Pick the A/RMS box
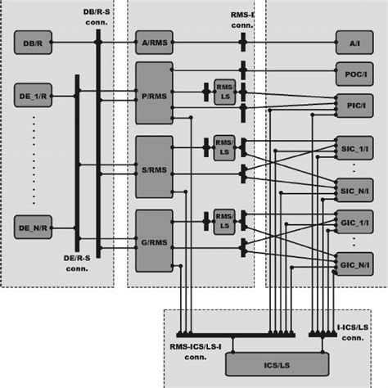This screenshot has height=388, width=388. [155, 41]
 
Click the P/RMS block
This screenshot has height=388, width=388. [155, 95]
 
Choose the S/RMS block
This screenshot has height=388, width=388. [155, 167]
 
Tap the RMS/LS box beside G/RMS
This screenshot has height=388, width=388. [223, 219]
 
